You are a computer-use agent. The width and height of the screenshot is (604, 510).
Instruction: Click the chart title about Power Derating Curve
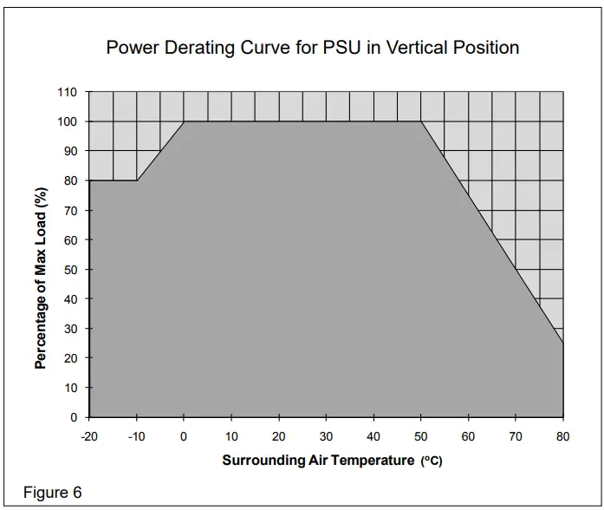tap(312, 48)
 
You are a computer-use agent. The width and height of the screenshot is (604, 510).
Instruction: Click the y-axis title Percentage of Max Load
tap(41, 278)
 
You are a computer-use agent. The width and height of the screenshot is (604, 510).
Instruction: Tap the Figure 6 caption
tap(52, 493)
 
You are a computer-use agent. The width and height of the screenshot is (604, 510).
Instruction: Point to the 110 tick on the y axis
tap(68, 93)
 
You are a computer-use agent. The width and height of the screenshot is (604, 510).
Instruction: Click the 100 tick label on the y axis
tap(68, 122)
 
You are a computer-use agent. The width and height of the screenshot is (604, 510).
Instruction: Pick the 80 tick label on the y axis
tap(70, 181)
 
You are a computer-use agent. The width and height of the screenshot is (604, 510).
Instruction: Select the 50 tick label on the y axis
tap(70, 270)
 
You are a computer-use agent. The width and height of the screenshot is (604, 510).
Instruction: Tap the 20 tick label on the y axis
tap(70, 358)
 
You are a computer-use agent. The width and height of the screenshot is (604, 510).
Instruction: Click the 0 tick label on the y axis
tap(74, 417)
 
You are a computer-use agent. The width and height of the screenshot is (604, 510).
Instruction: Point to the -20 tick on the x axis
tap(89, 436)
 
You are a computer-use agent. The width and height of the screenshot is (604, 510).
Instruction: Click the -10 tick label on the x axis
tap(136, 436)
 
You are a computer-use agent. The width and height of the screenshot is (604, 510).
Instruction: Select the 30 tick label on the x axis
tap(326, 436)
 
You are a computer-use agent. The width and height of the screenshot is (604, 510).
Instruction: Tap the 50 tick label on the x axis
tap(421, 436)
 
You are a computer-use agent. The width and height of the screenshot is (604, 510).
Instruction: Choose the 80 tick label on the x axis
tap(563, 436)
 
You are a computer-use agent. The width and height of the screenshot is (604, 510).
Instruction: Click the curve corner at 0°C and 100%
tap(184, 121)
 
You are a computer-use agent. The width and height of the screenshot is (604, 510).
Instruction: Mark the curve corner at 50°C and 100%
tap(421, 121)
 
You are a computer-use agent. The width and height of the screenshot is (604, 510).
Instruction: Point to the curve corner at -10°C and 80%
tap(137, 180)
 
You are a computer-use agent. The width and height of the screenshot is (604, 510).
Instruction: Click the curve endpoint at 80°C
tap(563, 343)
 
